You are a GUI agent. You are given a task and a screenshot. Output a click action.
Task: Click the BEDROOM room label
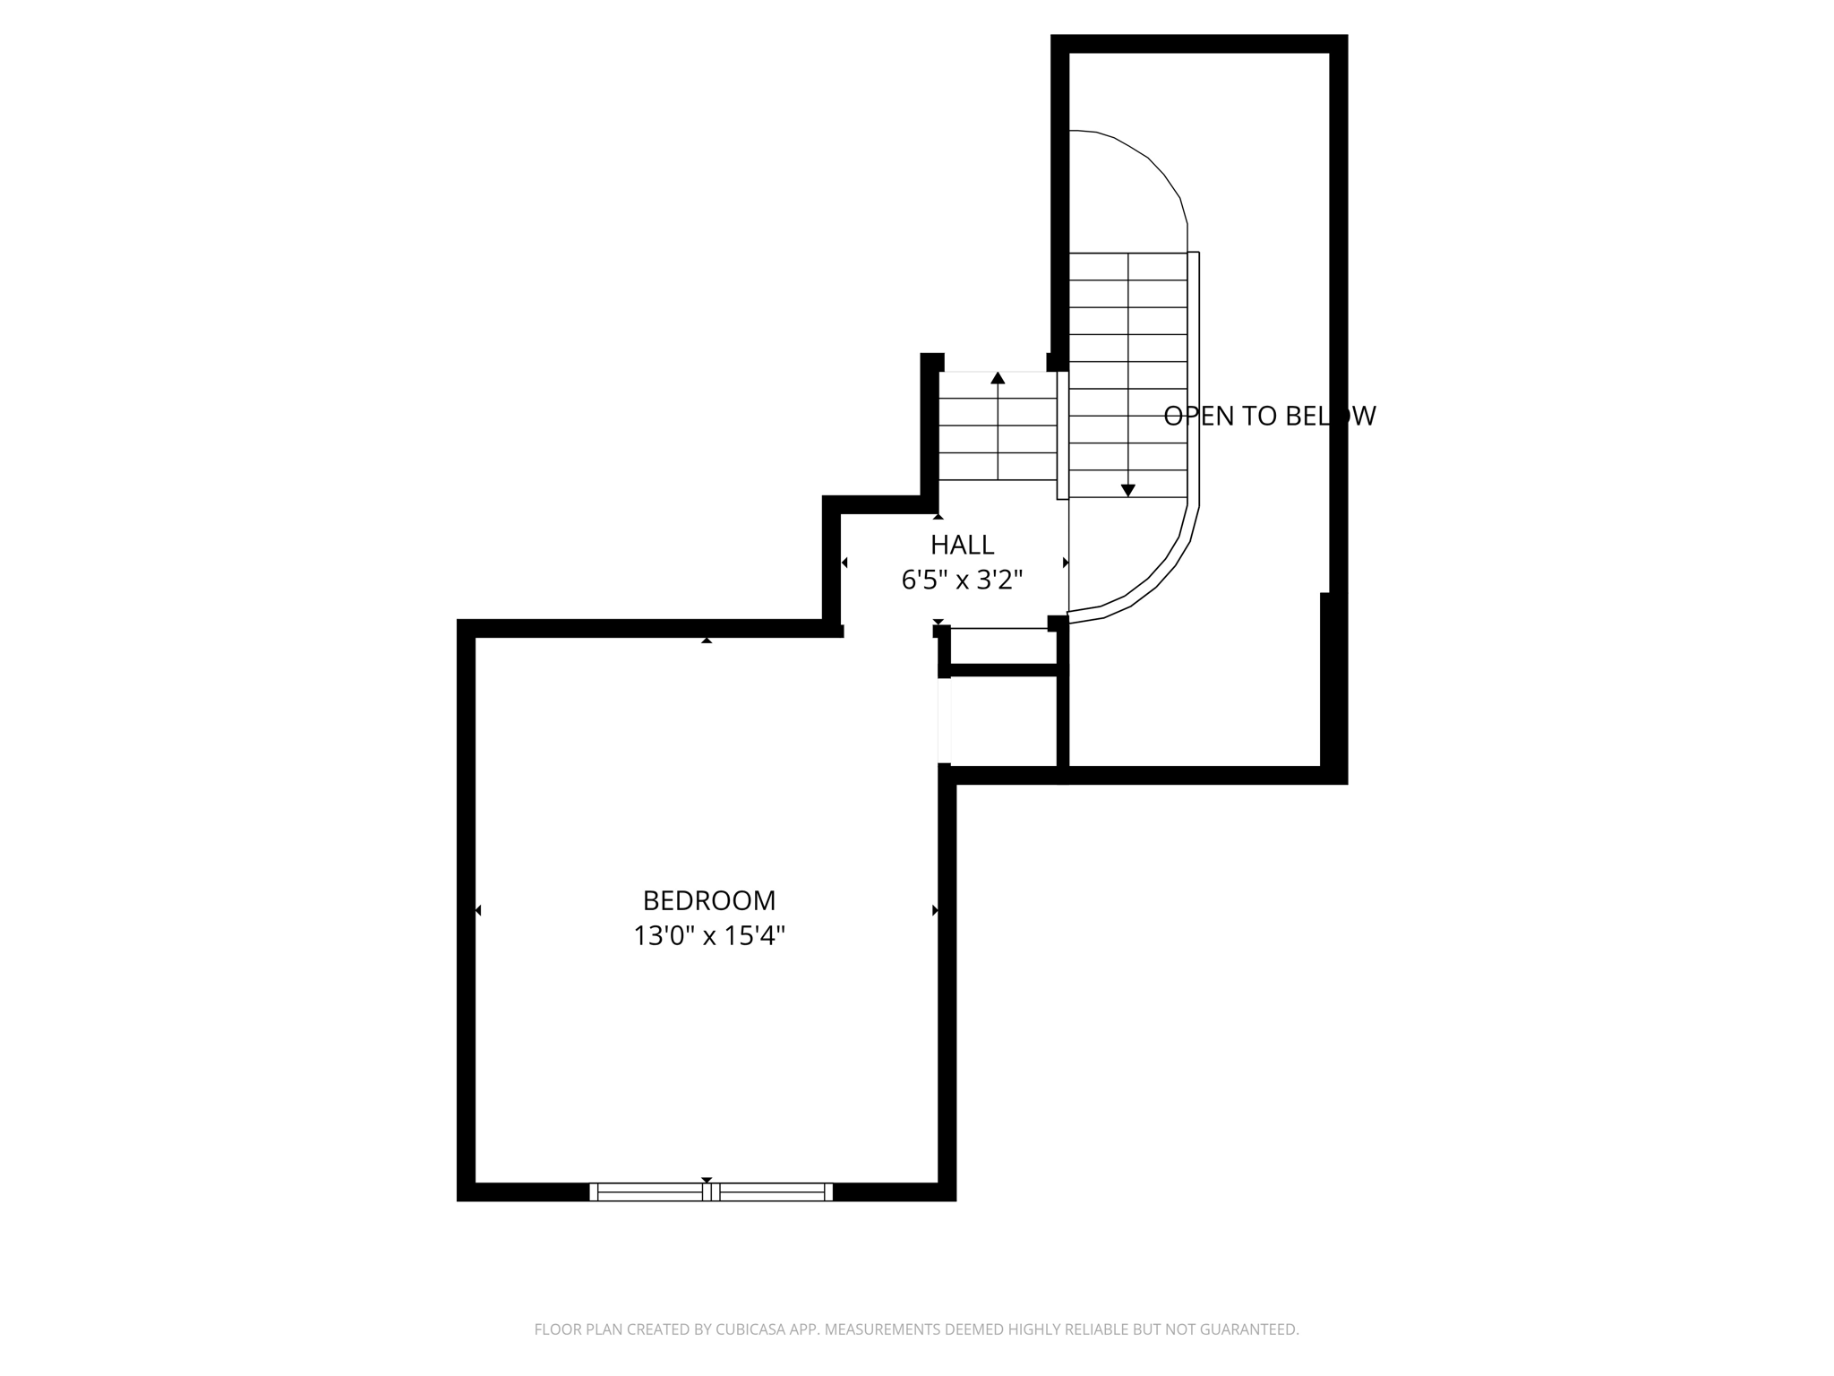point(708,900)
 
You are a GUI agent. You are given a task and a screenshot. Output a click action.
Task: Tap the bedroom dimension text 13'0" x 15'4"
point(708,936)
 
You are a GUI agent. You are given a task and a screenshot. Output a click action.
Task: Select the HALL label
point(962,545)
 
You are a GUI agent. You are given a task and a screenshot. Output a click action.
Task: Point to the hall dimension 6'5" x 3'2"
point(962,580)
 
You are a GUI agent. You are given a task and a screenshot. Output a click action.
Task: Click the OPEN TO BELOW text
point(1269,416)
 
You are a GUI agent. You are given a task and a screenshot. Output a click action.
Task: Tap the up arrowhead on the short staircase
point(998,378)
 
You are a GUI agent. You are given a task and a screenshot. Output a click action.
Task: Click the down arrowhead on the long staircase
point(1128,490)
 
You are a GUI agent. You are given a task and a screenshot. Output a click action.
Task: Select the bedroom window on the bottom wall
point(710,1191)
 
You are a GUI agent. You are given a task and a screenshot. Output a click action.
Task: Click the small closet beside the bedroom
point(1004,721)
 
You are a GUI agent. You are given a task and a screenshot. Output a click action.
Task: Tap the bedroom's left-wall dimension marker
point(478,910)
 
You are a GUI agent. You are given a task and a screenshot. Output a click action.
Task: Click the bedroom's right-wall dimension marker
point(935,910)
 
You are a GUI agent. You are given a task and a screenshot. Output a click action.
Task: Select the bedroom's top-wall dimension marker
point(707,640)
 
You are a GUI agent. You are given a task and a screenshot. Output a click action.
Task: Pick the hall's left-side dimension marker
point(844,563)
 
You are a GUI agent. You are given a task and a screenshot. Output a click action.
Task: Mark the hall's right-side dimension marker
point(1066,563)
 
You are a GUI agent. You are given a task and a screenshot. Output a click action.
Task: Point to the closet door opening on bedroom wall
point(944,721)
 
